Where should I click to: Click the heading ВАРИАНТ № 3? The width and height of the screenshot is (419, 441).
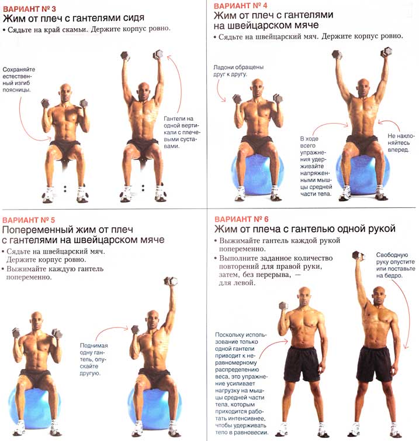point(29,9)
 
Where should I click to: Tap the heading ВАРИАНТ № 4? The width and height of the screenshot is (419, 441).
point(240,5)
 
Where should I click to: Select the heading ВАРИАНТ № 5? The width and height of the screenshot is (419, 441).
point(29,220)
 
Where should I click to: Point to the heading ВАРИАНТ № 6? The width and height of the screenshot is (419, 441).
point(241,219)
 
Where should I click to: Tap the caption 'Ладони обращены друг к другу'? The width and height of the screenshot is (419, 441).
point(238,71)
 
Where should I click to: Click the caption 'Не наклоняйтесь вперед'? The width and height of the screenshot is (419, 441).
point(401,142)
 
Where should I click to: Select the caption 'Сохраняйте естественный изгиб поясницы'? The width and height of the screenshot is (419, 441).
point(19,80)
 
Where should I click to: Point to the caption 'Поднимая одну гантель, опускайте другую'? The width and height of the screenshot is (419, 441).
point(94,359)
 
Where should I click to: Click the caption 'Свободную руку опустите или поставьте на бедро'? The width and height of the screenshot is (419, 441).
point(396,265)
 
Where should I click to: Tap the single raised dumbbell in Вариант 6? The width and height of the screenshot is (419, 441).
point(358,256)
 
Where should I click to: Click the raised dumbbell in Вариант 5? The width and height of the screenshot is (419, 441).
point(171,281)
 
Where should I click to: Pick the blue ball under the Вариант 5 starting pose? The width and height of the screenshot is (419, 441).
point(34,406)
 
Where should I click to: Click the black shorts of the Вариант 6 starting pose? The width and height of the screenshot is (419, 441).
point(302,364)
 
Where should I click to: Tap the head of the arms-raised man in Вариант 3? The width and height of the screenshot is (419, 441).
point(143,91)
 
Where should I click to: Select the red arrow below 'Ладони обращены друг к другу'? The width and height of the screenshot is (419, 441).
point(220,91)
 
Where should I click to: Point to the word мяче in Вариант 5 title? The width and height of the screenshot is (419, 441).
point(153,240)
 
